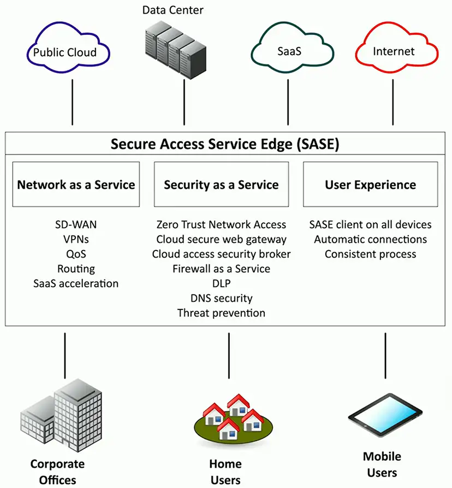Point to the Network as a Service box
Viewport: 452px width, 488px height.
[76, 185]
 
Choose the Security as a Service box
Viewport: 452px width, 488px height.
[221, 185]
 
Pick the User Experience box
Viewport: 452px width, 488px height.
[370, 185]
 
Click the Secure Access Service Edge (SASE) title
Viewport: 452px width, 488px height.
[225, 144]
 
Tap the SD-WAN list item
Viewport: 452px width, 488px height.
[75, 225]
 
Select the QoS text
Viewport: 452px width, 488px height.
[76, 254]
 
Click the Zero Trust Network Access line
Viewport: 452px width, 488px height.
[221, 225]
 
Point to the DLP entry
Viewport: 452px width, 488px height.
[221, 284]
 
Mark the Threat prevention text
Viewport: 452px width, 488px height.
[221, 313]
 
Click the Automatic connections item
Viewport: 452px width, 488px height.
[370, 240]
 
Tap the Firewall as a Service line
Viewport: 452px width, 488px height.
[221, 269]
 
